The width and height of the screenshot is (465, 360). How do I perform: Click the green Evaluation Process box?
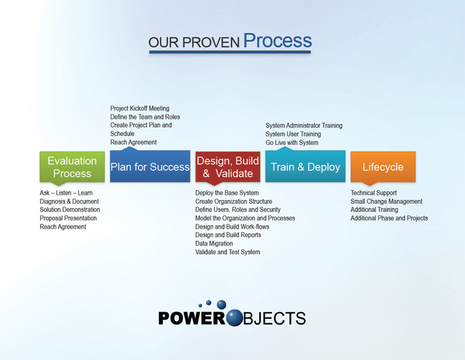pos(72,167)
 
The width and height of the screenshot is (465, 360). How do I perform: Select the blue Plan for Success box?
pos(150,167)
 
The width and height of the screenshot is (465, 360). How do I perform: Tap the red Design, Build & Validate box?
pos(228,167)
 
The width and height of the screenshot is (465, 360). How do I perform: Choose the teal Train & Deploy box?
pos(306,167)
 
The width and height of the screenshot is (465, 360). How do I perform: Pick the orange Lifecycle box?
pos(383,167)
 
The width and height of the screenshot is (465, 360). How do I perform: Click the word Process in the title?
pos(277,41)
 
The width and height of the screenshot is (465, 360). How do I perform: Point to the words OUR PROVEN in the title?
pos(194,43)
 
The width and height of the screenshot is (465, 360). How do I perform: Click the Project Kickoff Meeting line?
pos(139,108)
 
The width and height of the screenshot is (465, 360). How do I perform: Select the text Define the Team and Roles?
pos(145,117)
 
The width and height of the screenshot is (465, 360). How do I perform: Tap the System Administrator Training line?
pos(304,126)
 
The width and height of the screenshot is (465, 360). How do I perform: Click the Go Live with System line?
pos(292,143)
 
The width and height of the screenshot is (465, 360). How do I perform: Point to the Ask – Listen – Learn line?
pos(66,193)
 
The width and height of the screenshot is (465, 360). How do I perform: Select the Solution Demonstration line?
pos(68,210)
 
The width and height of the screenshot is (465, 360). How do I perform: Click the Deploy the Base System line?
pos(227,193)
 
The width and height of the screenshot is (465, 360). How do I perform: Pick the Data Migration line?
pos(214,244)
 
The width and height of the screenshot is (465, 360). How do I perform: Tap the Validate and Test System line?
pos(228,252)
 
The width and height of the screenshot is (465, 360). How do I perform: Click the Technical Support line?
pos(374,193)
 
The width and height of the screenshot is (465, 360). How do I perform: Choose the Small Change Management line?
pos(387,201)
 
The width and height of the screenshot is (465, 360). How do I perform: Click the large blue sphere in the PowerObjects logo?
pos(235,317)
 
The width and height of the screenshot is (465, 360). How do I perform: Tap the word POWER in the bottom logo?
pos(192,318)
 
